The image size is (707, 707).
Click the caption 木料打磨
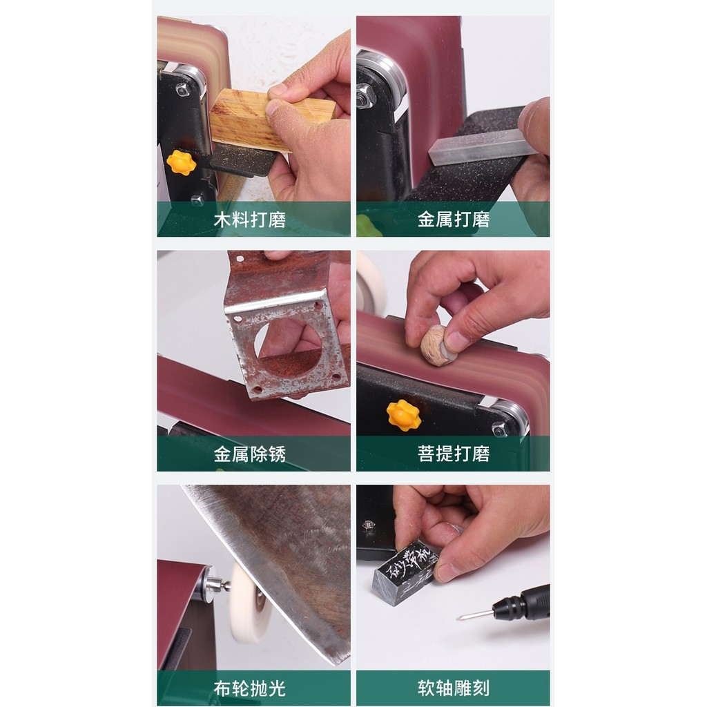pos(249,220)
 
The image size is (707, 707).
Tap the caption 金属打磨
pos(454,220)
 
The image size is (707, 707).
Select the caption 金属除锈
pos(249,454)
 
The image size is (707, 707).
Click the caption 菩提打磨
pos(454,454)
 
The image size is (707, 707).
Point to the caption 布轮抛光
pos(249,688)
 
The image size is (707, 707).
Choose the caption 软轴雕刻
pos(454,688)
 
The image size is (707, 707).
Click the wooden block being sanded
pos(249,121)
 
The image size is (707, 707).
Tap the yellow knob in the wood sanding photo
pos(181,162)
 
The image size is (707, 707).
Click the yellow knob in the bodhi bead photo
pos(403,415)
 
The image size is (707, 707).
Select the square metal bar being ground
pos(476,147)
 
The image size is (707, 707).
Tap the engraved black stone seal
pos(404,572)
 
